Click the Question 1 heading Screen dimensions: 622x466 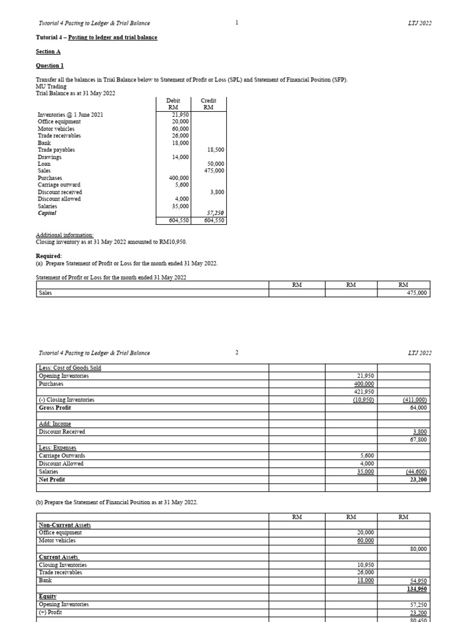(50, 66)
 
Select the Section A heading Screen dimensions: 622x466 (48, 52)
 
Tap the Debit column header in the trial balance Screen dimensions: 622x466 (173, 104)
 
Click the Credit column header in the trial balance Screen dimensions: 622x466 (209, 104)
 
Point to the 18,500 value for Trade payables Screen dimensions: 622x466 (215, 149)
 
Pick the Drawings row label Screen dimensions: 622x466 (49, 157)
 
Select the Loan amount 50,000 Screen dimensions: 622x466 (215, 164)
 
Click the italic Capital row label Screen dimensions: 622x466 (47, 213)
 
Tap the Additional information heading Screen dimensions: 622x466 (65, 234)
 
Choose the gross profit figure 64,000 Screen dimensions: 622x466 (418, 408)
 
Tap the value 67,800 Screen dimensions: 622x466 (418, 439)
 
